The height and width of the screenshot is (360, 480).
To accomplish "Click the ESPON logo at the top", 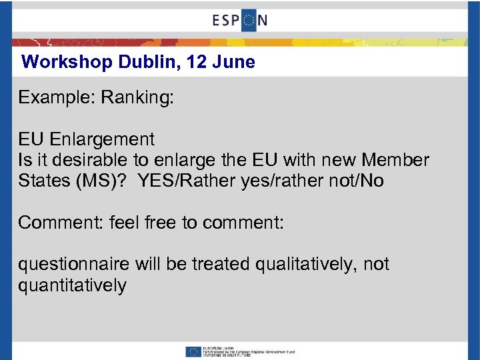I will click(x=240, y=20).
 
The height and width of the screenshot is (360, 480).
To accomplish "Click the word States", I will click(x=43, y=181).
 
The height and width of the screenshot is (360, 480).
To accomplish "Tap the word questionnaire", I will click(x=74, y=265).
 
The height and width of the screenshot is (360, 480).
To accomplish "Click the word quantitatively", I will click(x=72, y=285).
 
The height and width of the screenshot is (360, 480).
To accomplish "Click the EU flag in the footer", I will click(x=193, y=351).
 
